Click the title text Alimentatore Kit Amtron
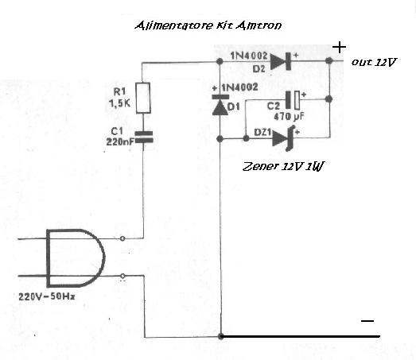click(x=208, y=25)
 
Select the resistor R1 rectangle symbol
click(x=143, y=98)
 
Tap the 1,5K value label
click(x=119, y=103)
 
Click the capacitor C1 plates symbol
click(x=144, y=137)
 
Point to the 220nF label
click(x=120, y=141)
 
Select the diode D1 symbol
click(x=220, y=104)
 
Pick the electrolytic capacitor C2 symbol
click(x=293, y=100)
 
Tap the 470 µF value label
click(x=290, y=116)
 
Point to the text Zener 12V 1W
click(x=283, y=166)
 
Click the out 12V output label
click(x=374, y=62)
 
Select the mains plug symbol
click(x=76, y=258)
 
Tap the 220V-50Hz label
click(x=47, y=296)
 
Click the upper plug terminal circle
click(x=122, y=238)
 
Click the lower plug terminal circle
click(x=122, y=276)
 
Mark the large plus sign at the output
click(x=340, y=48)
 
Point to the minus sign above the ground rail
click(x=367, y=321)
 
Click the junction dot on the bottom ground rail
click(x=220, y=336)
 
